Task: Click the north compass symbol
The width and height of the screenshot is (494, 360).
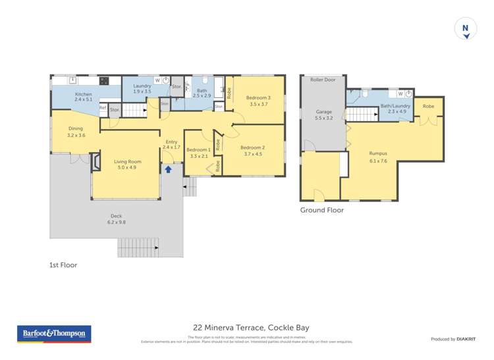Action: (466, 30)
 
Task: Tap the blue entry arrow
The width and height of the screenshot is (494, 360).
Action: (168, 169)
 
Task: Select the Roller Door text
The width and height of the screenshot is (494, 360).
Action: (323, 80)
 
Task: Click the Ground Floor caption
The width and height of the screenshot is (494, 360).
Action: (322, 211)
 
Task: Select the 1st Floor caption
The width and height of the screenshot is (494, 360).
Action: (63, 265)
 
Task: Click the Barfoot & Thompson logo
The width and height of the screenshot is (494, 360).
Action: (53, 334)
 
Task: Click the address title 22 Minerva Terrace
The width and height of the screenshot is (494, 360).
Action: (250, 327)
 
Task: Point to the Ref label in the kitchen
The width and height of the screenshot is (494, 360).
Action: (103, 108)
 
